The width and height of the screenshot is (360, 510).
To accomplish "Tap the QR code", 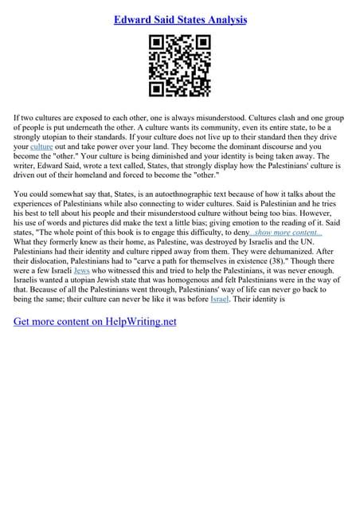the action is (179, 66).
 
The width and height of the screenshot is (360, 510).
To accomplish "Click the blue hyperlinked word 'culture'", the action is (40, 147).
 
